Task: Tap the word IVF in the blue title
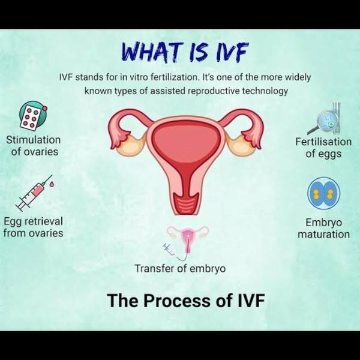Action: (x=231, y=52)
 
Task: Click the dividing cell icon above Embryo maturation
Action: (x=324, y=193)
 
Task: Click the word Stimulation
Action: (x=33, y=140)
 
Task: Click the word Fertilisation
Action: (x=323, y=142)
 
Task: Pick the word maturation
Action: (x=324, y=235)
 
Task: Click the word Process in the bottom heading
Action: (x=177, y=301)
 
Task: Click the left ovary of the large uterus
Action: (x=131, y=145)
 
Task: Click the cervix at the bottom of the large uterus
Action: (x=186, y=203)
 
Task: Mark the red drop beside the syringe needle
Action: (x=52, y=184)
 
